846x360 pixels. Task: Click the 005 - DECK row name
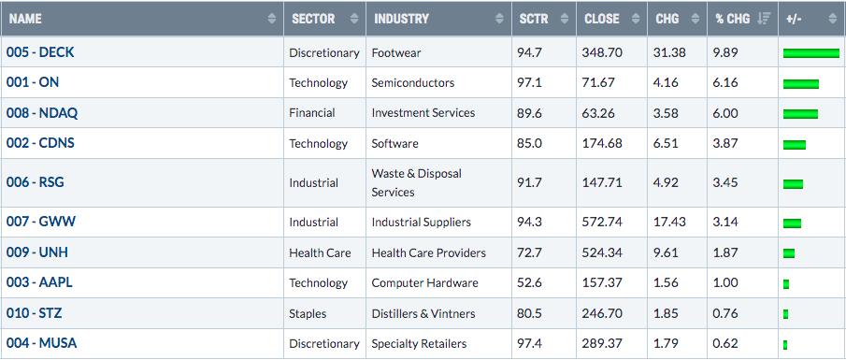pos(40,52)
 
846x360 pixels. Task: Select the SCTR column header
pos(534,19)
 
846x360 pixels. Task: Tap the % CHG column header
pos(733,19)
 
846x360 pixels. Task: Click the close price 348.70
pos(602,52)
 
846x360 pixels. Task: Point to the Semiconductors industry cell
pos(413,82)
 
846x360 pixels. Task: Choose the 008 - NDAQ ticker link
pos(42,113)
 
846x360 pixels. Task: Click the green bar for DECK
pos(811,53)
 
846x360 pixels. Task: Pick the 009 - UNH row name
pos(37,252)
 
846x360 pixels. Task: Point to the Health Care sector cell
pos(320,252)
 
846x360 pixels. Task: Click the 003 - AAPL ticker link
pos(39,282)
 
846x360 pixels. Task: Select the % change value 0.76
pos(724,313)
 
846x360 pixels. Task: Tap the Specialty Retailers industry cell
pos(419,344)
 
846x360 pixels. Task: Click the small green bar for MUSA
pos(785,344)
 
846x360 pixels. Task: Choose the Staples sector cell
pos(308,313)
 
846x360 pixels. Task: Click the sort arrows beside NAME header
pos(271,19)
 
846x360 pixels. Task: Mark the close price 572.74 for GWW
pos(602,222)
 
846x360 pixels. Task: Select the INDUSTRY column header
pos(401,19)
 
